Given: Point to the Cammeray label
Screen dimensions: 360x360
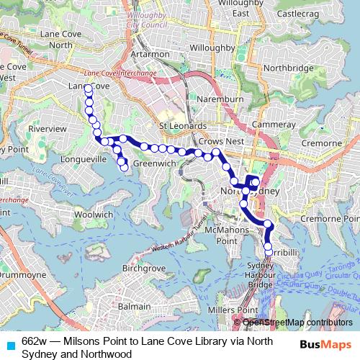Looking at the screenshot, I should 277,124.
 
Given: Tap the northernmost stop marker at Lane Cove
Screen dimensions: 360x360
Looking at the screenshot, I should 88,89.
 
